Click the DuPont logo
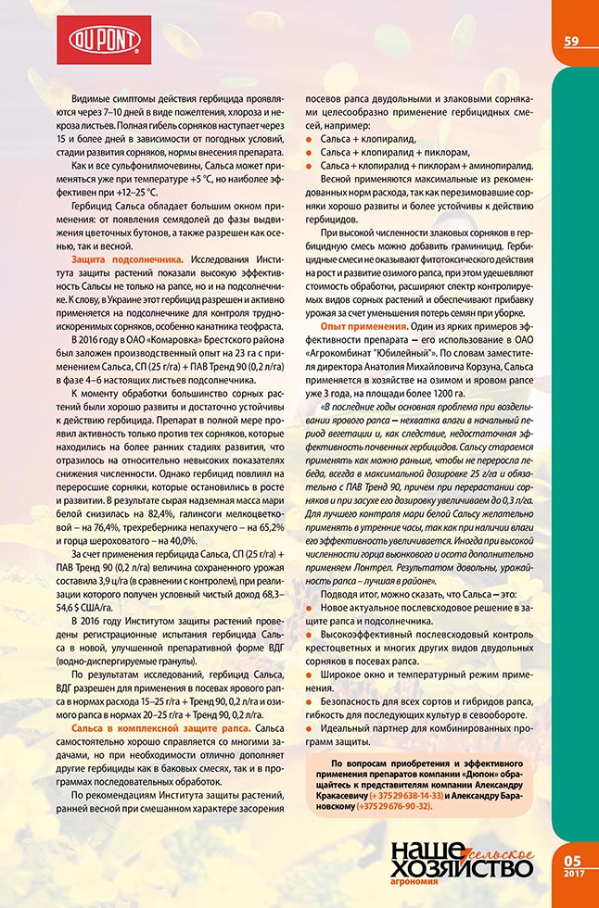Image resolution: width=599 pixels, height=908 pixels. tap(103, 40)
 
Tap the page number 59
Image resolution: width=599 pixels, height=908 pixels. tap(570, 41)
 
